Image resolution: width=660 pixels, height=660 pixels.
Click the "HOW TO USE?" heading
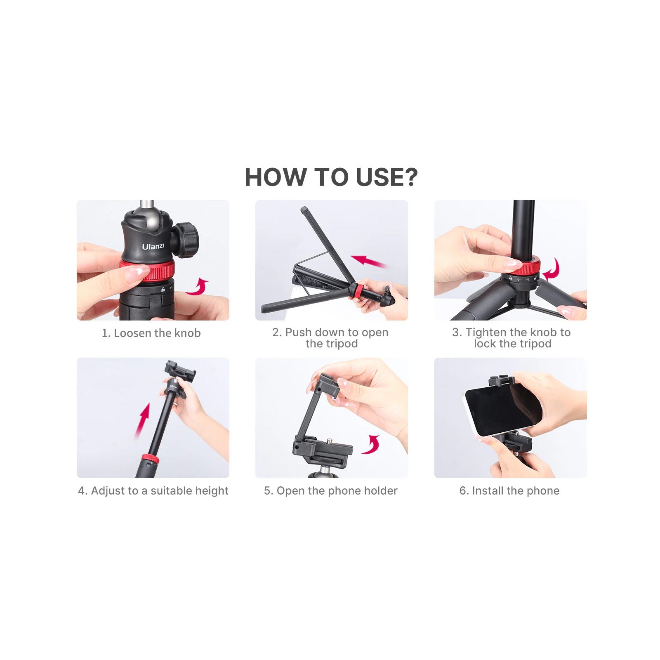point(331,177)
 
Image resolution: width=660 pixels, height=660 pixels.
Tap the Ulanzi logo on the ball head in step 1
point(153,247)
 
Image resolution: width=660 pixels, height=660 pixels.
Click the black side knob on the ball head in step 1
point(186,240)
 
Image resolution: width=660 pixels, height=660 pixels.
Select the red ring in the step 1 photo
point(148,270)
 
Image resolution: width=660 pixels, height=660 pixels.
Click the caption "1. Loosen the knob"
point(151,333)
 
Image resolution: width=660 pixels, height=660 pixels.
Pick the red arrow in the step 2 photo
point(369,261)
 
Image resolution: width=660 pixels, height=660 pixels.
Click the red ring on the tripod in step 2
point(357,291)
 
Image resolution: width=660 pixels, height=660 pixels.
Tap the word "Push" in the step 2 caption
point(298,332)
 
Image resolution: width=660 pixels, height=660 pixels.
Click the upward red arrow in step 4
point(143,420)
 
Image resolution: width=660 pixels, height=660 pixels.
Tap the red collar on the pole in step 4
point(150,458)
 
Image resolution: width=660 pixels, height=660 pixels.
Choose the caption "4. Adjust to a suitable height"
point(153,490)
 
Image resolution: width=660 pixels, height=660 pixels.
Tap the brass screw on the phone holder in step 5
point(329,441)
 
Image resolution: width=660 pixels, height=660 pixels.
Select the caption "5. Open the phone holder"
point(331,490)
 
